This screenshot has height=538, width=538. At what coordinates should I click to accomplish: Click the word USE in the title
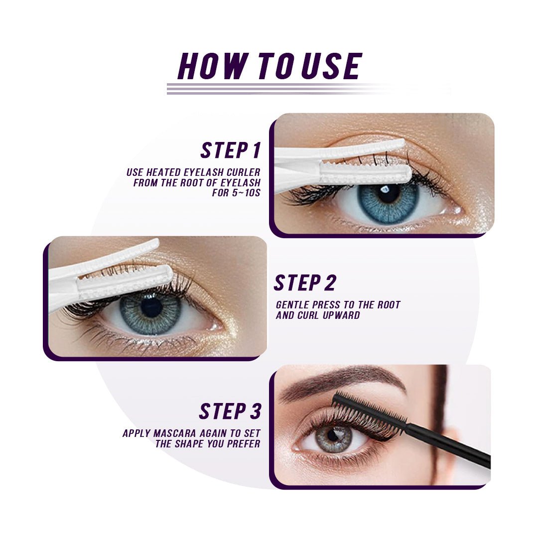coord(331,66)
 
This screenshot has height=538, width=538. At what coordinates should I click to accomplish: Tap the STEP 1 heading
coord(230,150)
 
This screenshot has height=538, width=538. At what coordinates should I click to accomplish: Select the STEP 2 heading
coord(305,283)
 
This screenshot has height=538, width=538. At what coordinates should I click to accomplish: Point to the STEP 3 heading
coord(230,411)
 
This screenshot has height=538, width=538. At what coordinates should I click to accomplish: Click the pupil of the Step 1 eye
coord(388,194)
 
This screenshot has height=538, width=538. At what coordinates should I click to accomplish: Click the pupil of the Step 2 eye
coord(151,307)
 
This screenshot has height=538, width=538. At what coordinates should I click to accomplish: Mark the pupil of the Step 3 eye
coord(332,434)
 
